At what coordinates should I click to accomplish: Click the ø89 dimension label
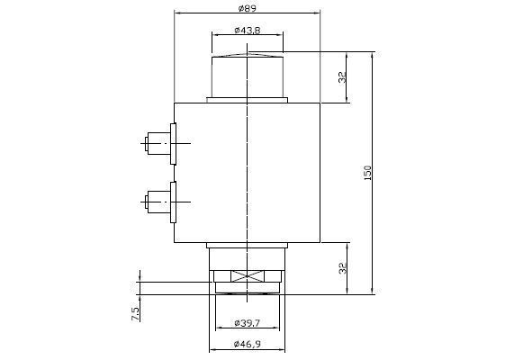(x=247, y=8)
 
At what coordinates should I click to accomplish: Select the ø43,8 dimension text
(x=248, y=31)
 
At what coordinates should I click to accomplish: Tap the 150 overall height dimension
(x=367, y=173)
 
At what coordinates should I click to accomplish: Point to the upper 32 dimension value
(x=342, y=77)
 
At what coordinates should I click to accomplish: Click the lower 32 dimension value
(x=343, y=268)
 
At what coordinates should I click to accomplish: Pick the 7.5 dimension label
(x=135, y=313)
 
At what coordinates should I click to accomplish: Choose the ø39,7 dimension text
(x=247, y=322)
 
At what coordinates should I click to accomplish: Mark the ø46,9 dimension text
(x=248, y=344)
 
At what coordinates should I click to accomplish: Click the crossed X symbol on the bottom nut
(x=248, y=276)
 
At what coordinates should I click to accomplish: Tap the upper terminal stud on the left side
(x=158, y=143)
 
